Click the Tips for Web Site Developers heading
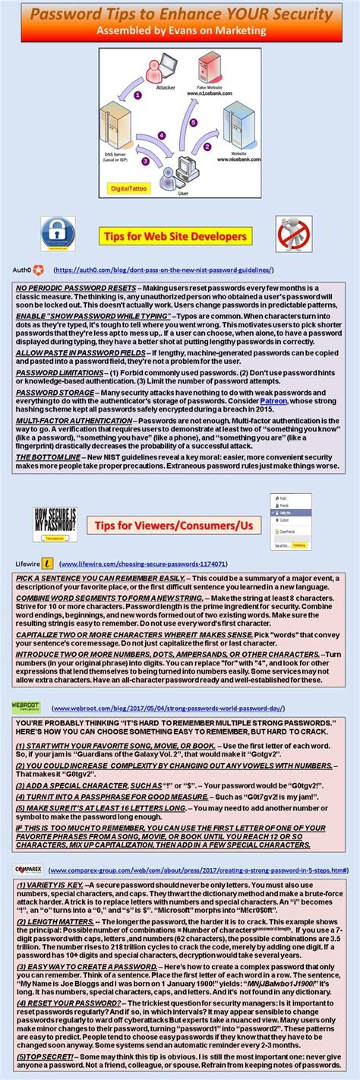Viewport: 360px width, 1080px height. point(176,237)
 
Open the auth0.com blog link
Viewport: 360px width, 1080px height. point(163,270)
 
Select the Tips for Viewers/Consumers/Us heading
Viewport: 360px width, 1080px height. point(178,525)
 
